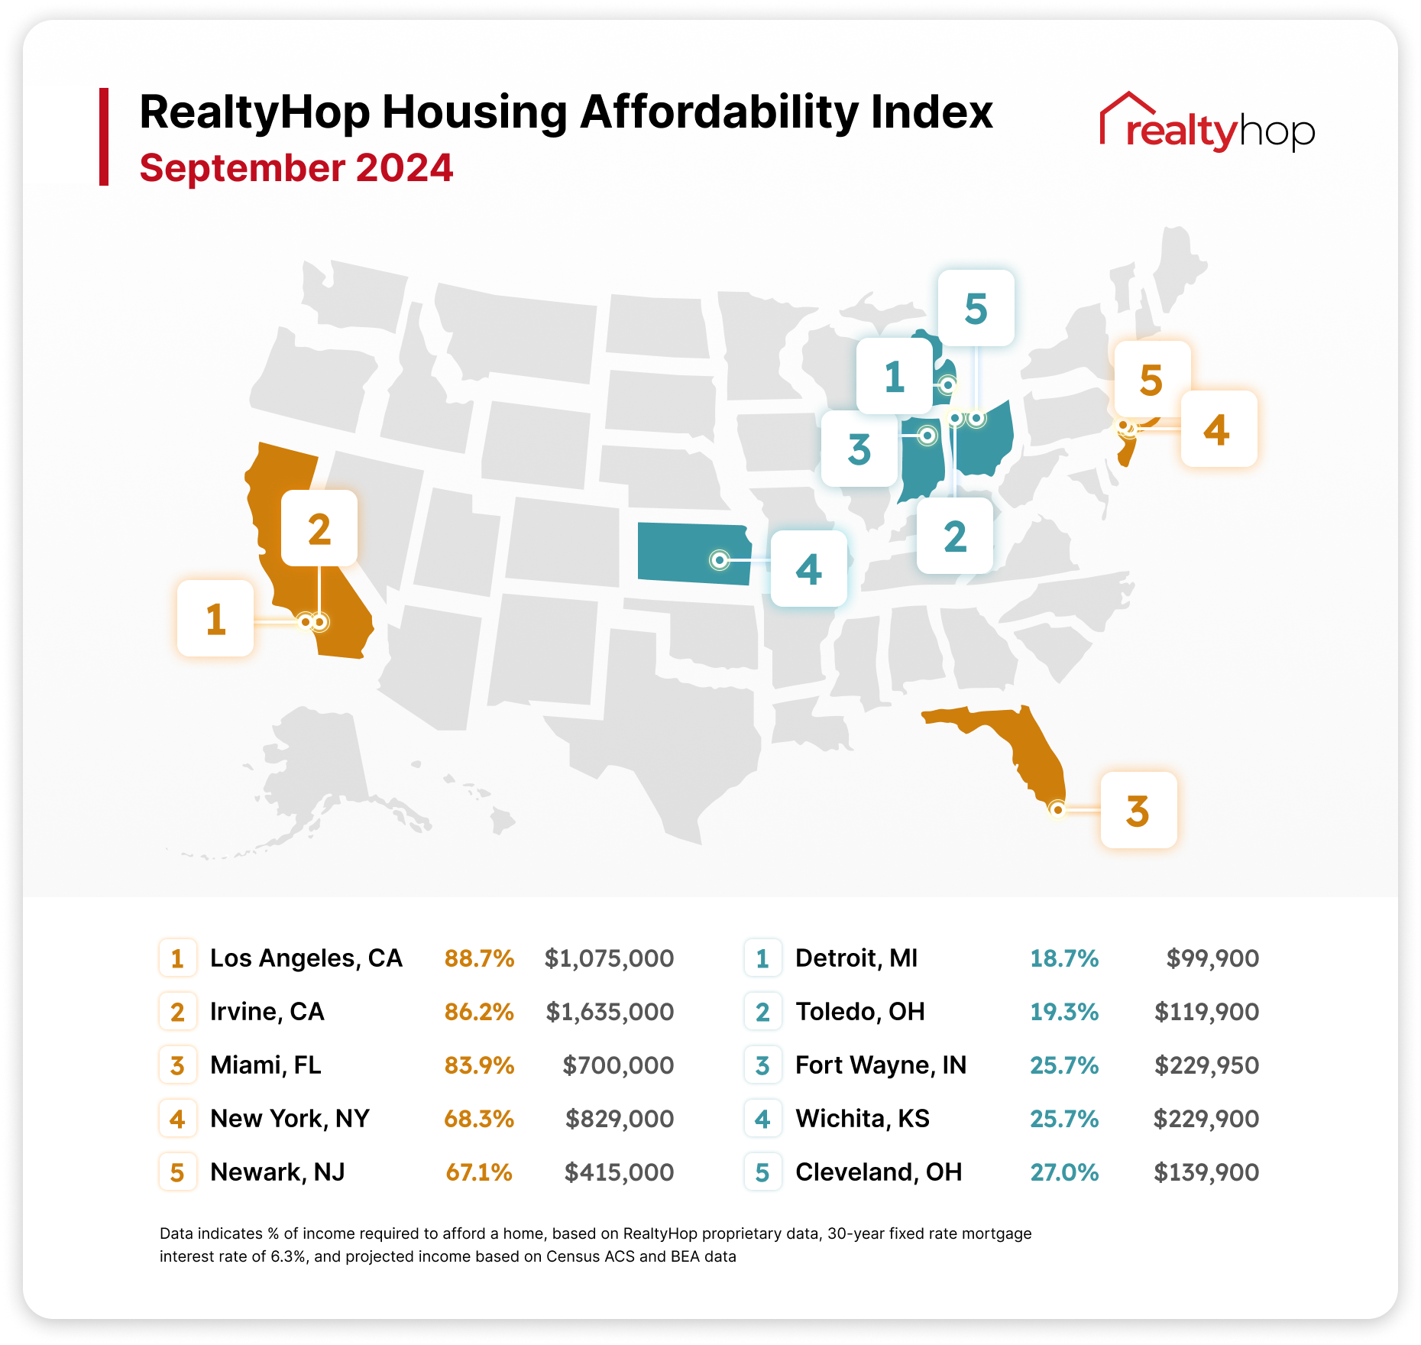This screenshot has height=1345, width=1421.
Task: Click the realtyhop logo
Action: pos(1207,125)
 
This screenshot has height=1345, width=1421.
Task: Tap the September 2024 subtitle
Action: pos(296,168)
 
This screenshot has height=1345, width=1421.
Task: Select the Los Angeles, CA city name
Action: pos(306,958)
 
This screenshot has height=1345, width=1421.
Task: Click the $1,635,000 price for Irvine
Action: pos(610,1012)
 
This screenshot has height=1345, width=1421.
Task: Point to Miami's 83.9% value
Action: pos(479,1065)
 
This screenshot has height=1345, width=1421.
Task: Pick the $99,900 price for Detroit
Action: pos(1212,958)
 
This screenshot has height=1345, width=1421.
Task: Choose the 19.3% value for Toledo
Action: pos(1064,1012)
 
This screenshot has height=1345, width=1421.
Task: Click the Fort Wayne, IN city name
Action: pos(881,1065)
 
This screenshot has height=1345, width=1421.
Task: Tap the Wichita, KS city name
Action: pos(863,1119)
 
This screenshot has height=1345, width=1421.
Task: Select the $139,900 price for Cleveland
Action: pos(1206,1172)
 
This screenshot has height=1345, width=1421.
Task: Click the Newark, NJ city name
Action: pos(277,1172)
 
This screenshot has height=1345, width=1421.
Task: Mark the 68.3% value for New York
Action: pos(479,1119)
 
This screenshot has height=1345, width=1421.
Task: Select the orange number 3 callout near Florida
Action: pos(1138,810)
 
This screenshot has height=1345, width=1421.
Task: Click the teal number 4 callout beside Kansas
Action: pos(809,569)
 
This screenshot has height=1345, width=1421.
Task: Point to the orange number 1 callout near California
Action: pos(215,618)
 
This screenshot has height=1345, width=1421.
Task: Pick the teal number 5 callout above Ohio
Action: pos(976,308)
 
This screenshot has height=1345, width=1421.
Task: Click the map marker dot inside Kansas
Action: pos(719,560)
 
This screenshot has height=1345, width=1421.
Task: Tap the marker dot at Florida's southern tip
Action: pos(1057,809)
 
